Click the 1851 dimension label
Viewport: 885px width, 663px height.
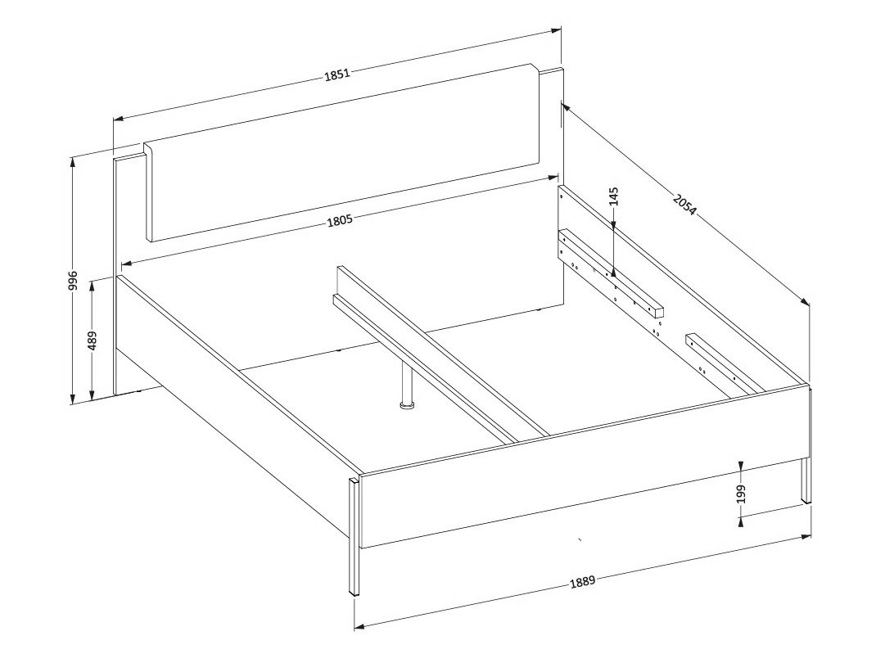click(337, 74)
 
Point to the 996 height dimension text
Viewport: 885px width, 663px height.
click(73, 280)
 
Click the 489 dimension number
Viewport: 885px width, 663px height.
click(93, 340)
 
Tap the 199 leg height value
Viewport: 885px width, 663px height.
click(740, 494)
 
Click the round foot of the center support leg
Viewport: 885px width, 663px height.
click(407, 404)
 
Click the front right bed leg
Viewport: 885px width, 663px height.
click(806, 483)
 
